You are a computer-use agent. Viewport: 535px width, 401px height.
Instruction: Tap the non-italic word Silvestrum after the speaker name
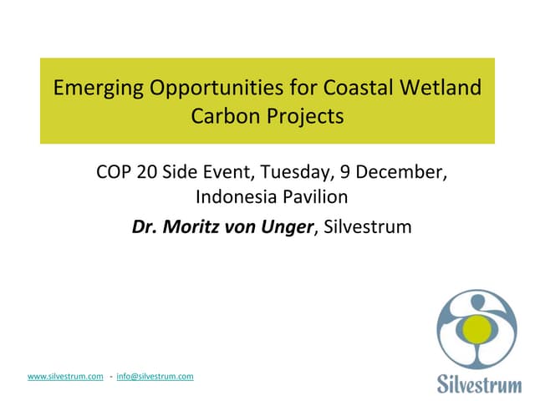[x=367, y=226]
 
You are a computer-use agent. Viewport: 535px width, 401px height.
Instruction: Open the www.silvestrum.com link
[x=65, y=377]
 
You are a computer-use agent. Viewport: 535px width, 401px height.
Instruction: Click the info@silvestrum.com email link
[x=155, y=377]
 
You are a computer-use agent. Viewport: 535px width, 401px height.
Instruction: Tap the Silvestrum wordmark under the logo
[x=477, y=383]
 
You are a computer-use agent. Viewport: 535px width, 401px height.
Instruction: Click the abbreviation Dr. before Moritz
[x=145, y=226]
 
